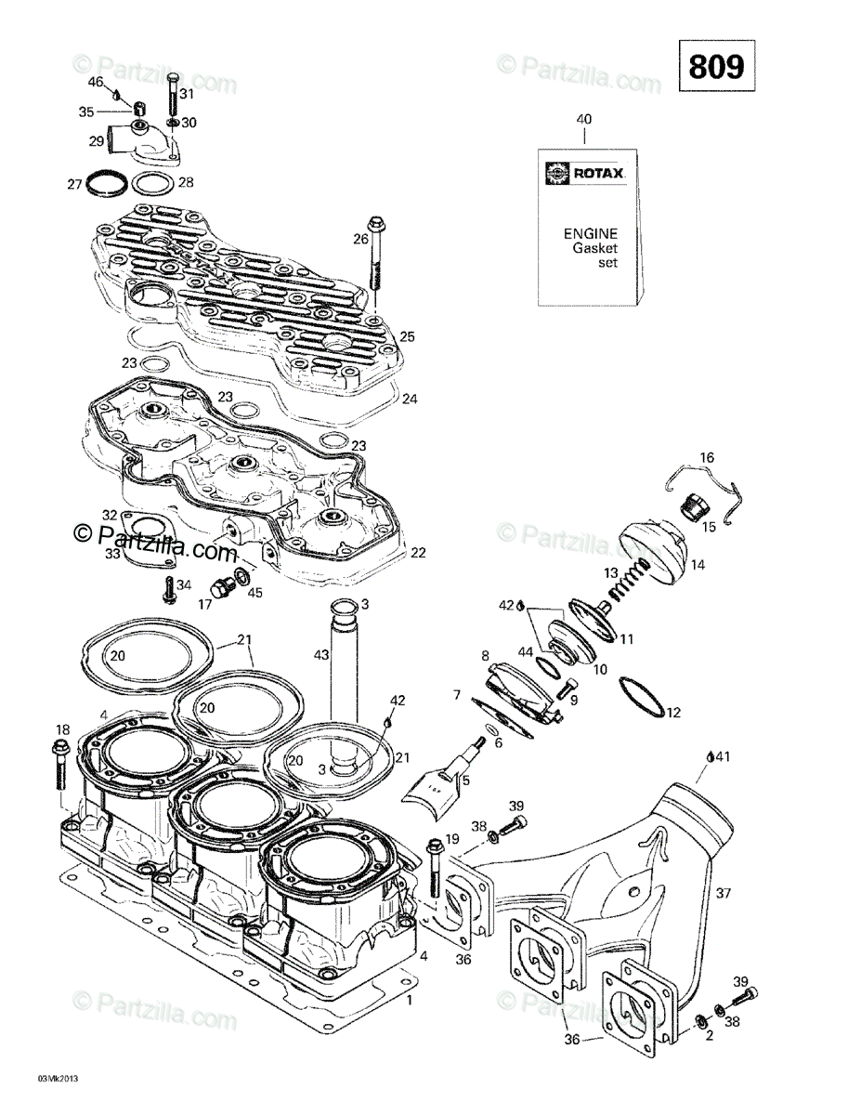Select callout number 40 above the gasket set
click(583, 119)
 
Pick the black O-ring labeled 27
click(105, 183)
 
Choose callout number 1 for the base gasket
click(410, 1001)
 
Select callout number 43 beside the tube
click(320, 656)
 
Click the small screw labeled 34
click(169, 587)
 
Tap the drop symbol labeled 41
click(710, 756)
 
